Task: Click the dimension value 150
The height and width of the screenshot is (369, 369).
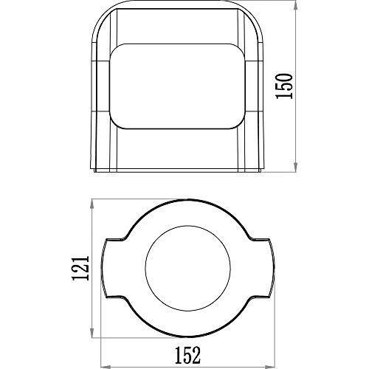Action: [x=284, y=86]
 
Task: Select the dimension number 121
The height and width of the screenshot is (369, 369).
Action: [x=80, y=268]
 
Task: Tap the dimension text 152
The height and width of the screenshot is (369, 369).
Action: [x=187, y=355]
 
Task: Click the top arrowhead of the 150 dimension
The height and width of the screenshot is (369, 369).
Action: [x=296, y=5]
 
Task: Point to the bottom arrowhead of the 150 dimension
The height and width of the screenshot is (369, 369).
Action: [x=296, y=167]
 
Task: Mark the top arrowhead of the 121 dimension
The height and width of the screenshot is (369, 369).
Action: [x=92, y=204]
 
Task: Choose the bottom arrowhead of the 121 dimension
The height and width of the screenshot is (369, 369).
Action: [x=92, y=333]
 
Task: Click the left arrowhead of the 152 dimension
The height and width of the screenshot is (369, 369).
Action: [x=106, y=367]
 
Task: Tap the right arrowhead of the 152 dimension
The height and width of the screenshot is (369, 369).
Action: [x=270, y=367]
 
